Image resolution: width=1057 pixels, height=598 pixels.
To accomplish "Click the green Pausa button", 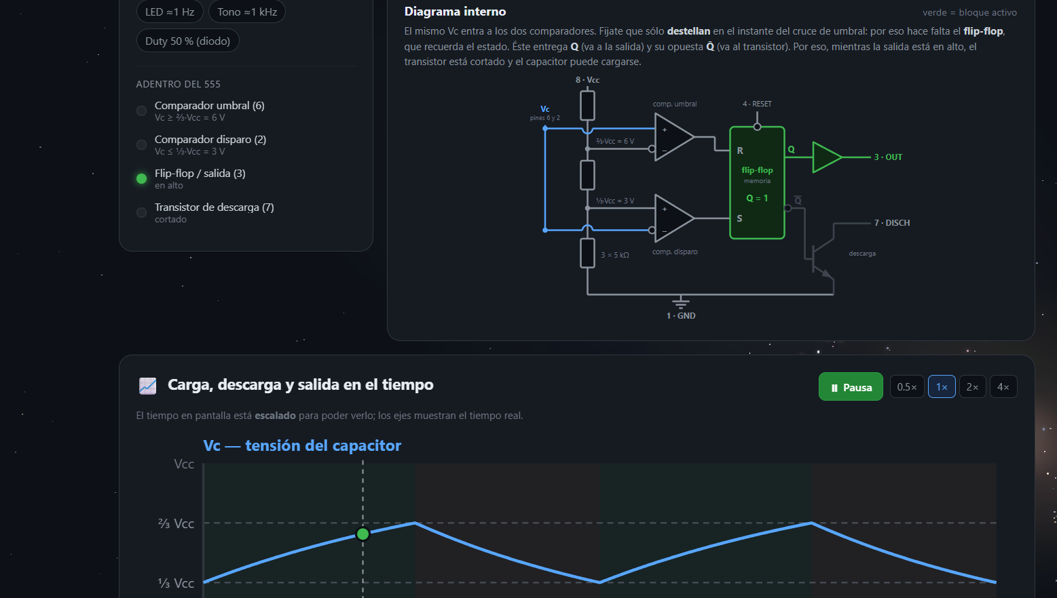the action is click(x=851, y=387).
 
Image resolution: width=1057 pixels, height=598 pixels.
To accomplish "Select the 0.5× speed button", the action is click(x=906, y=387).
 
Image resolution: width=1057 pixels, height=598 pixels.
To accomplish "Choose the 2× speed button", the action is click(x=972, y=387).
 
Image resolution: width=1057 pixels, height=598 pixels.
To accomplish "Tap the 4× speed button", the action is click(x=1003, y=387).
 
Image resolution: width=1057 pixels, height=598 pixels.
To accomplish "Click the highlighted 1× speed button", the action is click(x=942, y=387).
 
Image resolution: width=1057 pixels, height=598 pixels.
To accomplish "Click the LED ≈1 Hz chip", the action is click(x=170, y=12).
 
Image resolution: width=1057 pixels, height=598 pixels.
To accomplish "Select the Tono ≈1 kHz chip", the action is click(x=247, y=12).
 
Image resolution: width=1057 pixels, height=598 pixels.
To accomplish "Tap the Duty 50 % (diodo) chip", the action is click(x=188, y=41).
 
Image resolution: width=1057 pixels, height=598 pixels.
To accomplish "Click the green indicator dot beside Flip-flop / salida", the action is click(x=142, y=178).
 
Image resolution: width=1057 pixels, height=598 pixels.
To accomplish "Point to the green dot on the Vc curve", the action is click(x=363, y=534).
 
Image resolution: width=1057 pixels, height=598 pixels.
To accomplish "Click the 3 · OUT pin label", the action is click(x=888, y=157).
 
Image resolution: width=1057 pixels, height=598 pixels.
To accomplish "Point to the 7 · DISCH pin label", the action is click(x=892, y=223).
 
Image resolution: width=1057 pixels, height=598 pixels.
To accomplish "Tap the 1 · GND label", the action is click(x=681, y=316).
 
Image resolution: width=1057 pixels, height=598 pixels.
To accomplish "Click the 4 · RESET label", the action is click(x=757, y=104).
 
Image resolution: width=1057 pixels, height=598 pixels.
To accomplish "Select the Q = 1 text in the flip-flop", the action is click(x=757, y=199).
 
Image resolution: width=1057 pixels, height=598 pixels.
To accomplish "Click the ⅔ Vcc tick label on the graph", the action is click(x=176, y=523).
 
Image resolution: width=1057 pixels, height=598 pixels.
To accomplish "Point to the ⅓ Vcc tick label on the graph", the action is click(x=176, y=583).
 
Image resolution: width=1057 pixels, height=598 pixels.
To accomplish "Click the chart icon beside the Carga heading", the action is click(x=148, y=386).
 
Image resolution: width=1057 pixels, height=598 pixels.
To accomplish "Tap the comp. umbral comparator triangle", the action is click(x=673, y=137).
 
